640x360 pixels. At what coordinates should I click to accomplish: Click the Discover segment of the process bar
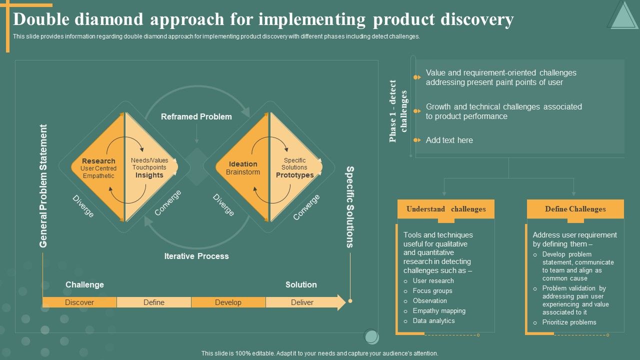coord(79,302)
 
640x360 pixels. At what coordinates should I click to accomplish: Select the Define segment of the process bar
coord(154,302)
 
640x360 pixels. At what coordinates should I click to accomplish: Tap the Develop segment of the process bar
coord(228,302)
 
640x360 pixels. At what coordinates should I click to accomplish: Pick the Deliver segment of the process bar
coord(302,302)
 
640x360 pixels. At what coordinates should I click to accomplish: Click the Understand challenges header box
coord(445,209)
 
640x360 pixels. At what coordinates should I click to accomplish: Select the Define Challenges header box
coord(575,209)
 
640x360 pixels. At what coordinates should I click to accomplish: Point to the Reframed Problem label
coord(196,116)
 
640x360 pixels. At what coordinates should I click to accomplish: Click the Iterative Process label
coord(196,256)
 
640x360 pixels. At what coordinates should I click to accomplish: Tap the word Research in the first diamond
coord(98,161)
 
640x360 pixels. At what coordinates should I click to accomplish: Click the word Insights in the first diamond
coord(149,175)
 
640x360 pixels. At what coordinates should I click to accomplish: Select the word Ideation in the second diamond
coord(243,164)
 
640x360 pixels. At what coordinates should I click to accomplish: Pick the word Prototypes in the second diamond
coord(294,175)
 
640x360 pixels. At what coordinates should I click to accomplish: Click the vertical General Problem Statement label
coord(43,186)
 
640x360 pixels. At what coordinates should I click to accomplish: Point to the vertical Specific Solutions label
coord(350,207)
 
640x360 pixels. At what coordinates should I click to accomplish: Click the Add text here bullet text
coord(449,140)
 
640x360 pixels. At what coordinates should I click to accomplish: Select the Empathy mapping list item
coord(439,310)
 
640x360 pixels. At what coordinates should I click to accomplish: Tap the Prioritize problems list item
coord(569,322)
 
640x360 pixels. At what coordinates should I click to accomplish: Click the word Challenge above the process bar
coord(84,284)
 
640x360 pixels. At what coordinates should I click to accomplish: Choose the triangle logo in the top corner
coord(622,15)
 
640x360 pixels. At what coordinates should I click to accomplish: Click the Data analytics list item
coord(433,320)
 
